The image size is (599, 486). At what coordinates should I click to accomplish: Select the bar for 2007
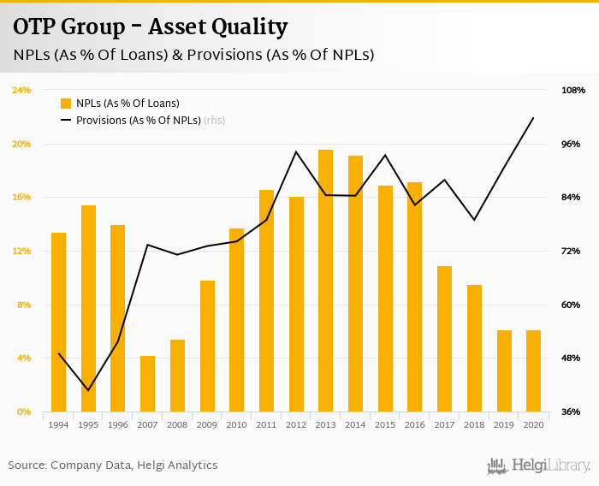147,383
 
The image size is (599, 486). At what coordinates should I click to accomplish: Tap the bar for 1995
88,308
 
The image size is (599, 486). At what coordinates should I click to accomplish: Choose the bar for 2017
444,339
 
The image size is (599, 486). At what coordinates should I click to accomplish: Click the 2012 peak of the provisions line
296,151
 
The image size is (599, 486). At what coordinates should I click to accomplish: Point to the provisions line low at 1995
88,390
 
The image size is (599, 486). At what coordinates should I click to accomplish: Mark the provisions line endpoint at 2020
533,118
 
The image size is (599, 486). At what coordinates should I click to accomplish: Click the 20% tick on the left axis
21,144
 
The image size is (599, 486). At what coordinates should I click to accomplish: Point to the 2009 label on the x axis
207,424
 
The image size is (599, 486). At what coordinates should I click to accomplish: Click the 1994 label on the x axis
58,424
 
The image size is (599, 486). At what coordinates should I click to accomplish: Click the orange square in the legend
66,103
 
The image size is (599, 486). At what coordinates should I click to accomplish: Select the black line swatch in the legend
66,121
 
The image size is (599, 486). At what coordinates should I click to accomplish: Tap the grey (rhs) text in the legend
214,121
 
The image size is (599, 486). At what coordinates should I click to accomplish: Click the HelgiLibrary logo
539,465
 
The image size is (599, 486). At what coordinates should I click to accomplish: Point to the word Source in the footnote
27,465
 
